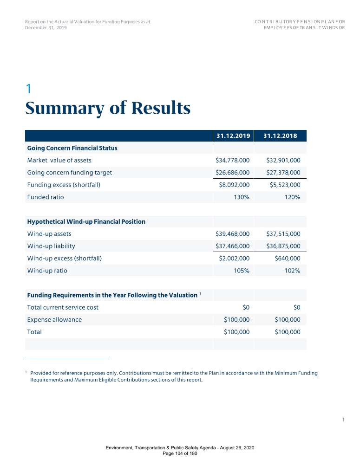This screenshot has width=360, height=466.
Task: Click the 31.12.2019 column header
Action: [234, 136]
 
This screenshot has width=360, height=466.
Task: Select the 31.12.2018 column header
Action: [280, 136]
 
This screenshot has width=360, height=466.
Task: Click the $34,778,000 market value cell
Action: [232, 161]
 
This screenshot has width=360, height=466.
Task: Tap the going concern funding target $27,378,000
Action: [283, 173]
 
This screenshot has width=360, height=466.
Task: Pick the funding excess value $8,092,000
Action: [234, 185]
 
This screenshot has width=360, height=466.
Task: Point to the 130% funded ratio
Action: [242, 197]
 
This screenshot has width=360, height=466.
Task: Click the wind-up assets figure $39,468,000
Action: [232, 234]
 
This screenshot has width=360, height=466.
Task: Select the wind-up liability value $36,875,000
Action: [283, 246]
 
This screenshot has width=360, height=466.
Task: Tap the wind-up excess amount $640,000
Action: [288, 258]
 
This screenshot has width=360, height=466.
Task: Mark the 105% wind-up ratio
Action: [242, 271]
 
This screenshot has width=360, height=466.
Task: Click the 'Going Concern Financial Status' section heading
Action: [72, 148]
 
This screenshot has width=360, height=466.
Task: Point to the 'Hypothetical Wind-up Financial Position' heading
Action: [86, 222]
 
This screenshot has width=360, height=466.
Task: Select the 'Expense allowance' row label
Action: [54, 320]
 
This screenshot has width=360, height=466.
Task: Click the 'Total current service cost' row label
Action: [63, 307]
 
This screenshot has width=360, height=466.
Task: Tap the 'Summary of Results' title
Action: [108, 109]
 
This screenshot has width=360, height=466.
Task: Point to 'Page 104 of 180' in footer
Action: [180, 453]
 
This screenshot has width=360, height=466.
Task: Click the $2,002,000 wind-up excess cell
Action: [234, 258]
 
